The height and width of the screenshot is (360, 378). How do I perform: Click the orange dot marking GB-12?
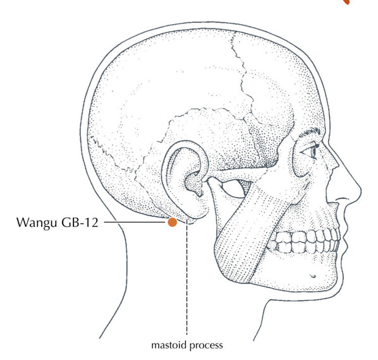point(172,222)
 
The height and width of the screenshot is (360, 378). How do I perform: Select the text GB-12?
point(80,222)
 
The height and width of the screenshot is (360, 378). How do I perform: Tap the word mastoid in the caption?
point(169,345)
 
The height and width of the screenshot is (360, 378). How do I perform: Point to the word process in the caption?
point(205,346)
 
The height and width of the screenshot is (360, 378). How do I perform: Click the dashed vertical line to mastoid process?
point(186,277)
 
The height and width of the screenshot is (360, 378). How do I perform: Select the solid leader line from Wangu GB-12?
point(135,222)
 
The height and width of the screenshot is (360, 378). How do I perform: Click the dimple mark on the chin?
point(313,276)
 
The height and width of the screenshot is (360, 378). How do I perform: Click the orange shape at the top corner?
point(346,2)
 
